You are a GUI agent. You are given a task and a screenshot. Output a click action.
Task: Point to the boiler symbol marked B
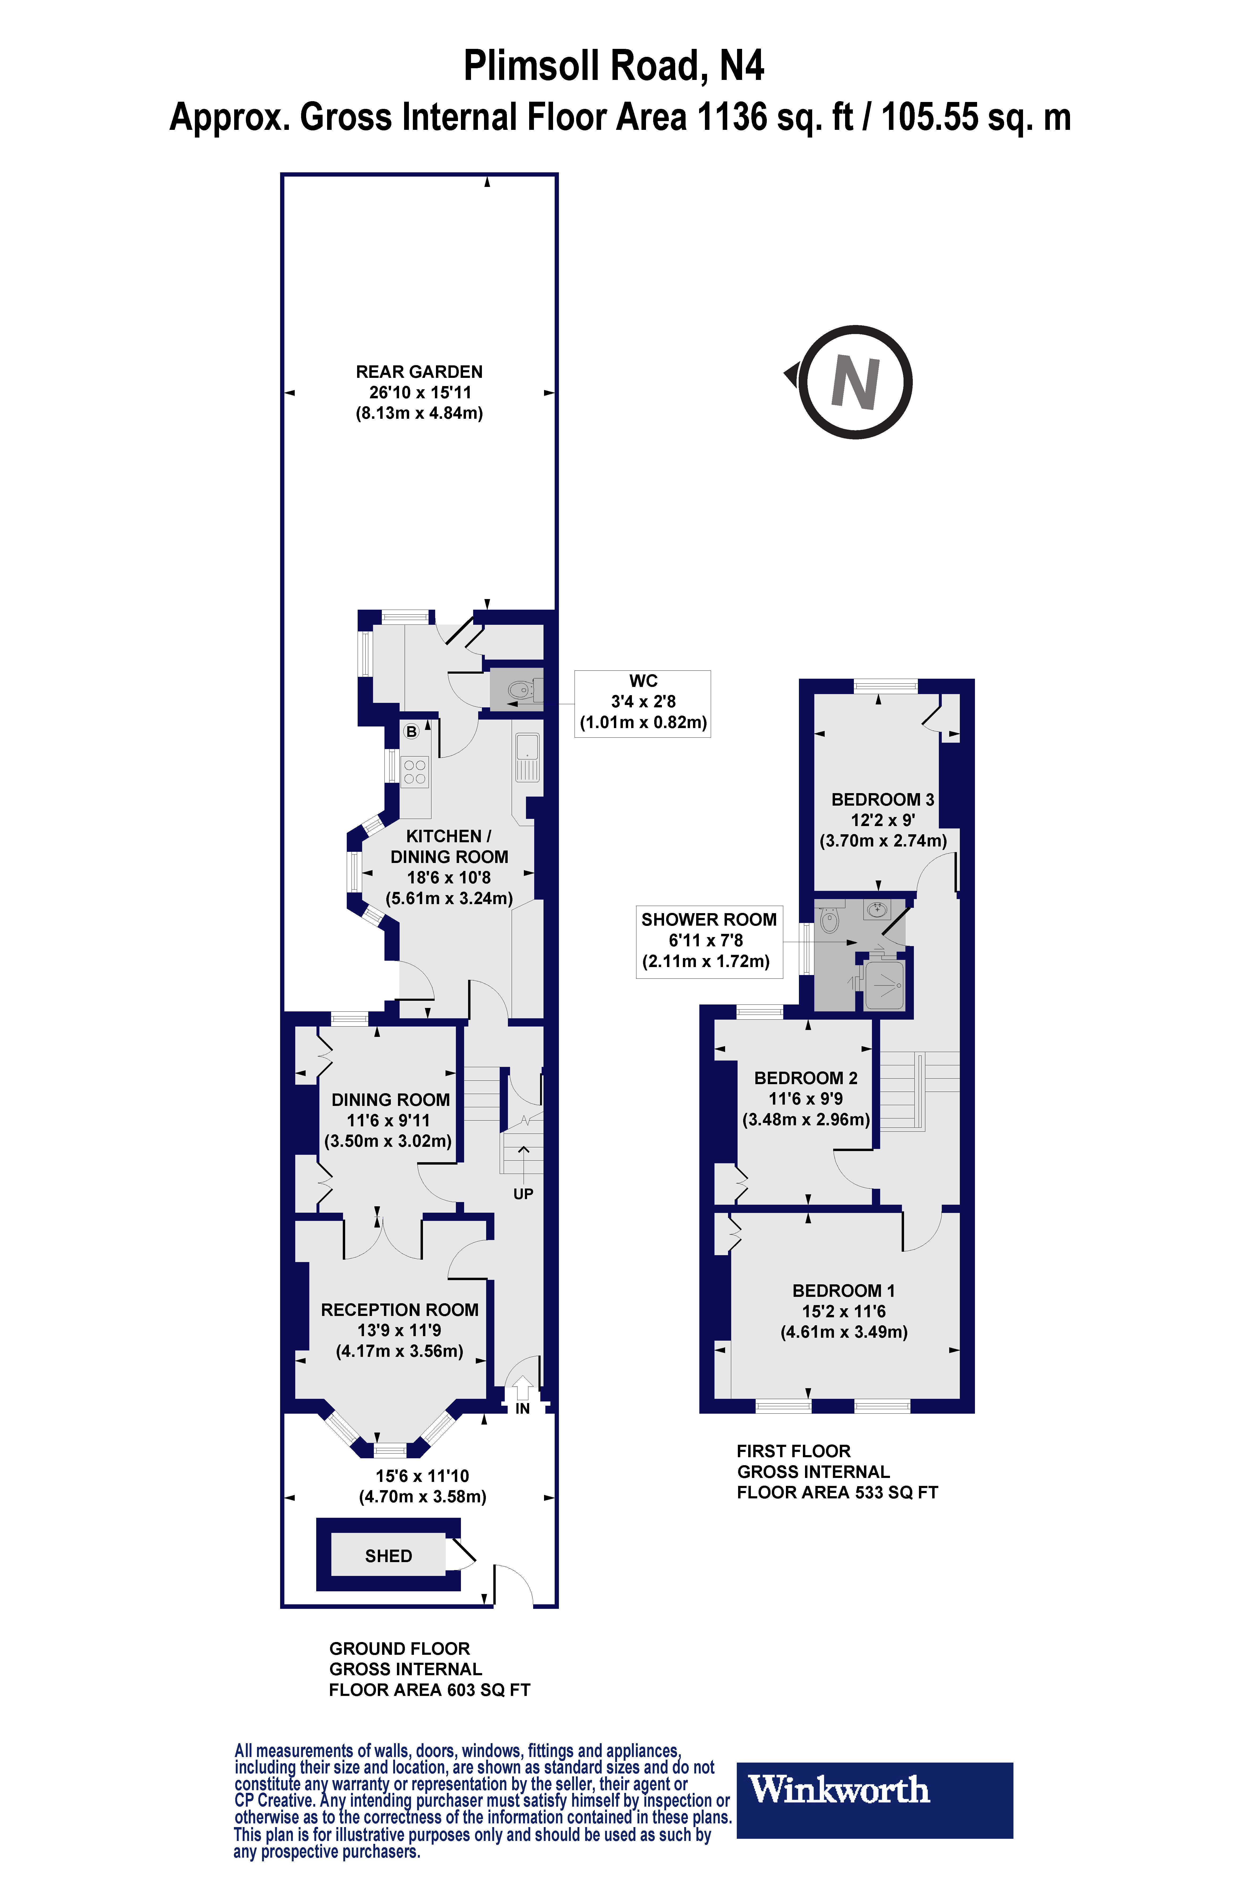[411, 731]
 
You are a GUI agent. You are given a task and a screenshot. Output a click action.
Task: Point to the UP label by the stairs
[523, 1194]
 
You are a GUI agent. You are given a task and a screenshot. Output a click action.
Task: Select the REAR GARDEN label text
[419, 372]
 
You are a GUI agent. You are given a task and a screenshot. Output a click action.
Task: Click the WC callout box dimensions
[643, 712]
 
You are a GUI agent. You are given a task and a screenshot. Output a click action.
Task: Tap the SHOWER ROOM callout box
[709, 940]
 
